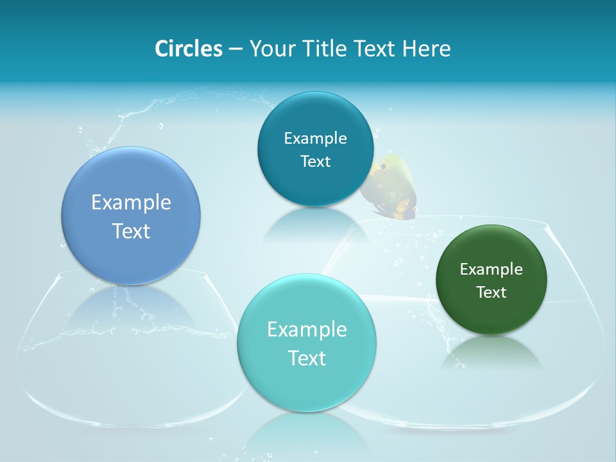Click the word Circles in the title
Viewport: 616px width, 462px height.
coord(188,49)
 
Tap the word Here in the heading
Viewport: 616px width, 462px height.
coord(426,49)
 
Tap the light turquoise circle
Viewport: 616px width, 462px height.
coord(307,385)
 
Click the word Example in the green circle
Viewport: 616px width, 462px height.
coord(491,269)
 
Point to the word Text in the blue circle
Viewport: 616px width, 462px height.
coord(131,231)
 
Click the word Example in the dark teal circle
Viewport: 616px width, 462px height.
coord(315,139)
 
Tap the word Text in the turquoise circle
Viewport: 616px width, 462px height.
coord(307,358)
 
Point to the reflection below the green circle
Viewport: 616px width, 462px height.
coord(491,353)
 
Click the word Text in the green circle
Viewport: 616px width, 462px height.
coord(491,293)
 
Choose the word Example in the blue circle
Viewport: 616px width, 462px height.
coord(131,203)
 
